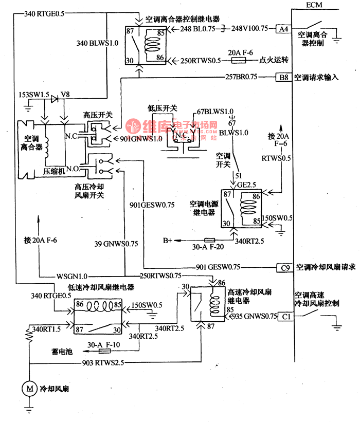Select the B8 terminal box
(283, 78)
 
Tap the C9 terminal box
(283, 267)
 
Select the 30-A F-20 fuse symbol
(210, 240)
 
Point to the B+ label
(168, 240)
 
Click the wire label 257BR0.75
(241, 78)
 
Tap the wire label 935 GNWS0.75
(254, 317)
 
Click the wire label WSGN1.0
(72, 276)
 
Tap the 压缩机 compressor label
(53, 171)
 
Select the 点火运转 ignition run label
(276, 60)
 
